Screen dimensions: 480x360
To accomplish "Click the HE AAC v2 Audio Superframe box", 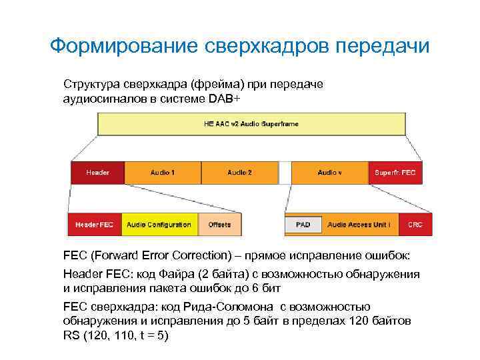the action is (252, 124).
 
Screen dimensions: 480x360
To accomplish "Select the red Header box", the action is (97, 173).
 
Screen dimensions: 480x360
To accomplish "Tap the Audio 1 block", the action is (163, 173).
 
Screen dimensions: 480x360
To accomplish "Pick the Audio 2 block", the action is (239, 173).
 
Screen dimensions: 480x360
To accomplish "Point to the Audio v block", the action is (329, 173).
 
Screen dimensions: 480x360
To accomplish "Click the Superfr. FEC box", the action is (395, 173).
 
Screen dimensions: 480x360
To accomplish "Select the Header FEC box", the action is (94, 225).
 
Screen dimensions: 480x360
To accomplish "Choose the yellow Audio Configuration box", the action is (159, 225).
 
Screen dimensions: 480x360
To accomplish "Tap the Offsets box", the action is (219, 225).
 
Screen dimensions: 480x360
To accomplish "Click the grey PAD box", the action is (303, 225).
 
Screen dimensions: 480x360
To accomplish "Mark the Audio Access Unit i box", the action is (359, 225).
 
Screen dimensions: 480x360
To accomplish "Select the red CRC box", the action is (415, 225).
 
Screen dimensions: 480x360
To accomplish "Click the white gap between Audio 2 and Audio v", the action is (285, 173).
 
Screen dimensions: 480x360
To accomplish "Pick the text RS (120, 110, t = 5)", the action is (116, 335).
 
